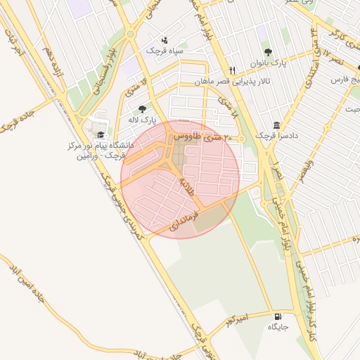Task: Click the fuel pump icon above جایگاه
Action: pos(278,316)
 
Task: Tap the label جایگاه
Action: pos(278,328)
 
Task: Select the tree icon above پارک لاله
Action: pos(143,109)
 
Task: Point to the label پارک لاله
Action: pos(143,120)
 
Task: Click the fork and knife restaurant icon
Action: pos(232,70)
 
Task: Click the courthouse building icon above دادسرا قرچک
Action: pos(276,124)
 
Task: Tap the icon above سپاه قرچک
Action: pos(165,40)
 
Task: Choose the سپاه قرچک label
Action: pos(165,51)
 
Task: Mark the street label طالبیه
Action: pos(186,184)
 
